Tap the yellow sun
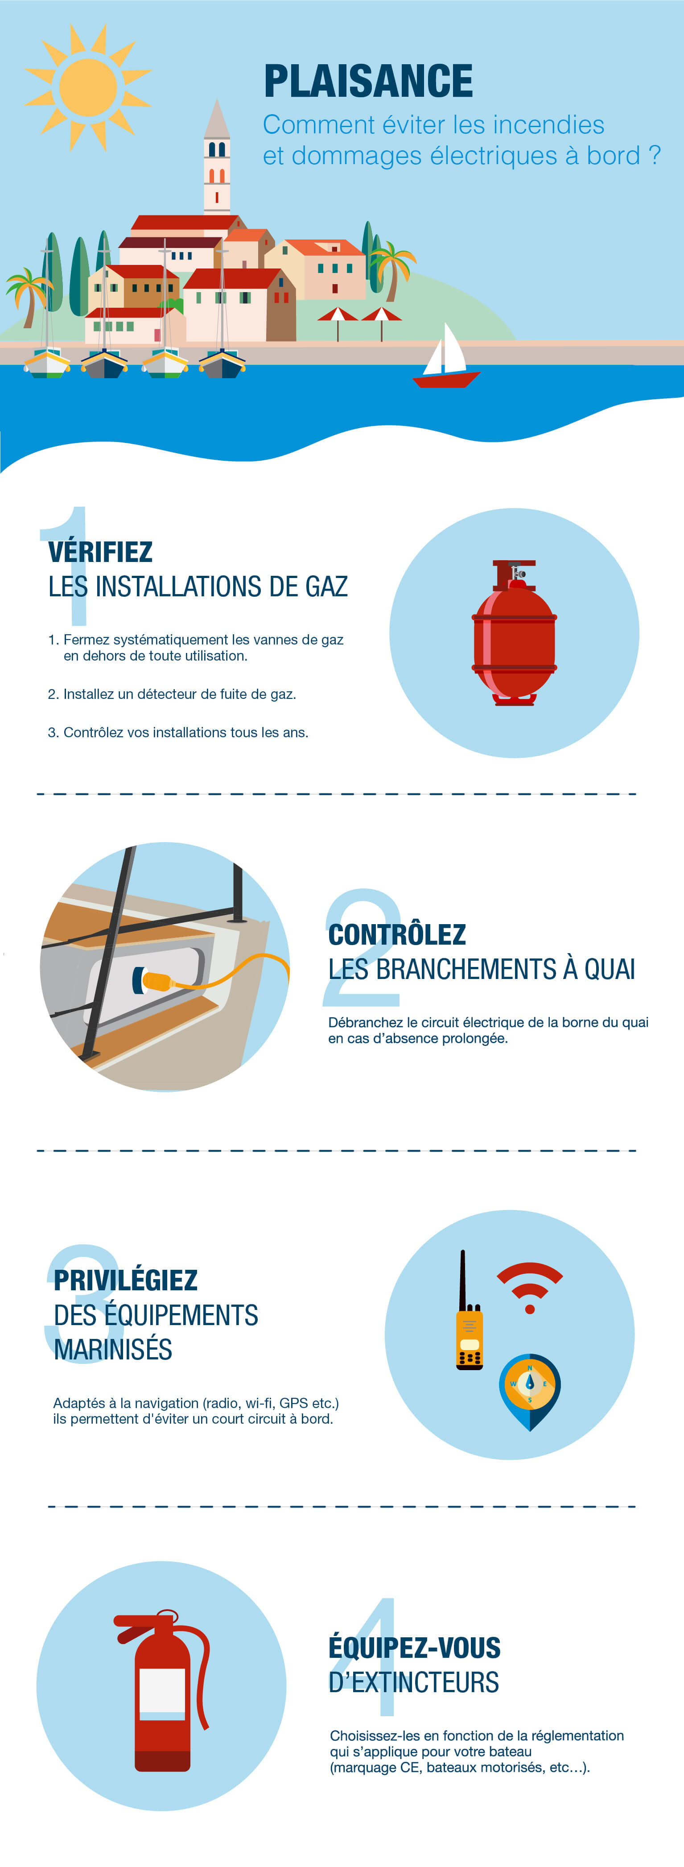point(88,87)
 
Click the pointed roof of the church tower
point(217,119)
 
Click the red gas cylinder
point(515,633)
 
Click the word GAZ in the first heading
point(327,587)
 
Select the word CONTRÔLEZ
point(397,934)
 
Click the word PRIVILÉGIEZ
point(125,1280)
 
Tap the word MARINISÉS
point(113,1350)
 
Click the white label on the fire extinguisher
point(162,1692)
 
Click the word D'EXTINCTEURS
point(414,1682)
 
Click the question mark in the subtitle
point(654,155)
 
